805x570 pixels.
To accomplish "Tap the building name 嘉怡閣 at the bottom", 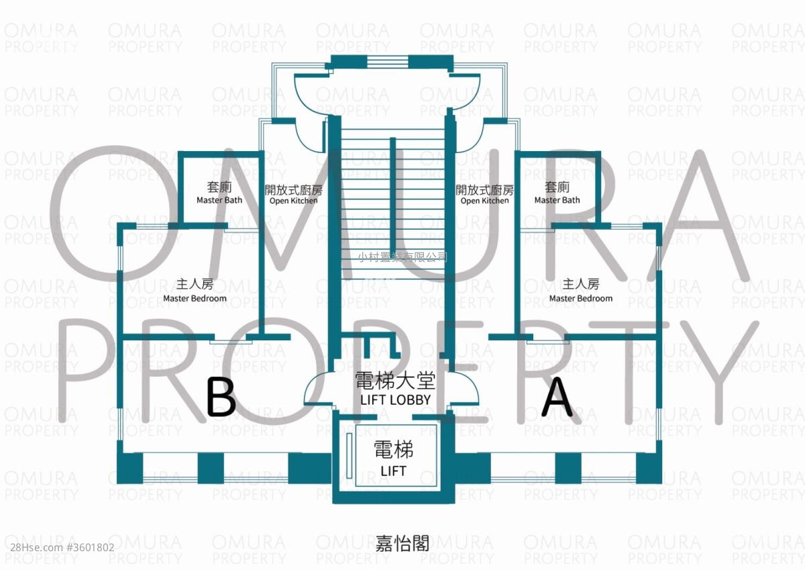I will tap(402, 543).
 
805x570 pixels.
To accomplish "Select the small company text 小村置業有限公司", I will tap(402, 256).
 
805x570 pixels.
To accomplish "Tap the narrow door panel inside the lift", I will tap(350, 456).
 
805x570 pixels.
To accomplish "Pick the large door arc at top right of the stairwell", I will tap(466, 94).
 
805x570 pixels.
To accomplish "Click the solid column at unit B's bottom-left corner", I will tap(130, 468).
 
